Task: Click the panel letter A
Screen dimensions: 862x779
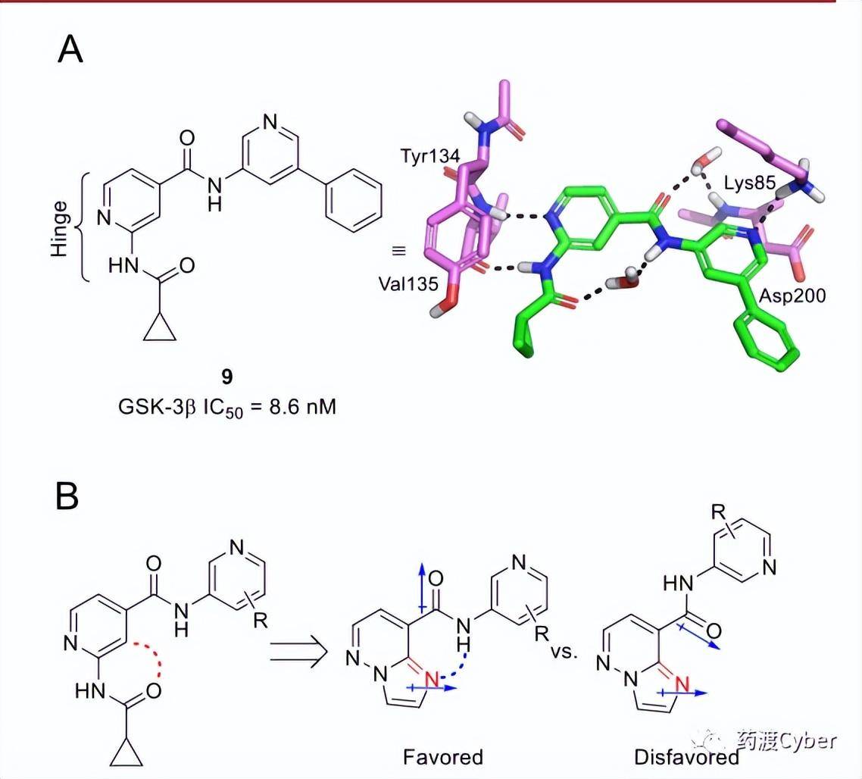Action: (x=70, y=49)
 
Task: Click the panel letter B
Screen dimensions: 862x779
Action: (x=67, y=496)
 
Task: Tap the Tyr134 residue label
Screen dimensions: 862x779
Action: (x=430, y=156)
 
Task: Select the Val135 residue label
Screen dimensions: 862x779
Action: (x=408, y=284)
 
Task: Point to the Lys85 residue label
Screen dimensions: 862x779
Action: (x=749, y=183)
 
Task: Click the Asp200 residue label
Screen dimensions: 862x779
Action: (x=792, y=296)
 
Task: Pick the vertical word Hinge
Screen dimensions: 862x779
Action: (x=59, y=228)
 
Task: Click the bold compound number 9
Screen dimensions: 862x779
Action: (x=227, y=377)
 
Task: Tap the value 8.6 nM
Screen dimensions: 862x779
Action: (x=303, y=407)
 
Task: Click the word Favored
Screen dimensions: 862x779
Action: (x=443, y=757)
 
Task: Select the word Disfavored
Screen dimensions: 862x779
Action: (x=686, y=757)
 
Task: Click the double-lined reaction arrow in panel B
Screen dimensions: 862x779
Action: (x=299, y=652)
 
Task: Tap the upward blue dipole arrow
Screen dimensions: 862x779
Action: (x=422, y=587)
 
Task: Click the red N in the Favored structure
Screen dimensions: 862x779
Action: (x=433, y=680)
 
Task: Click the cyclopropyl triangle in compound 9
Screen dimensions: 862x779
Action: (x=160, y=329)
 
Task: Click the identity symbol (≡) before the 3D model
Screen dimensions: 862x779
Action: (x=398, y=251)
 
